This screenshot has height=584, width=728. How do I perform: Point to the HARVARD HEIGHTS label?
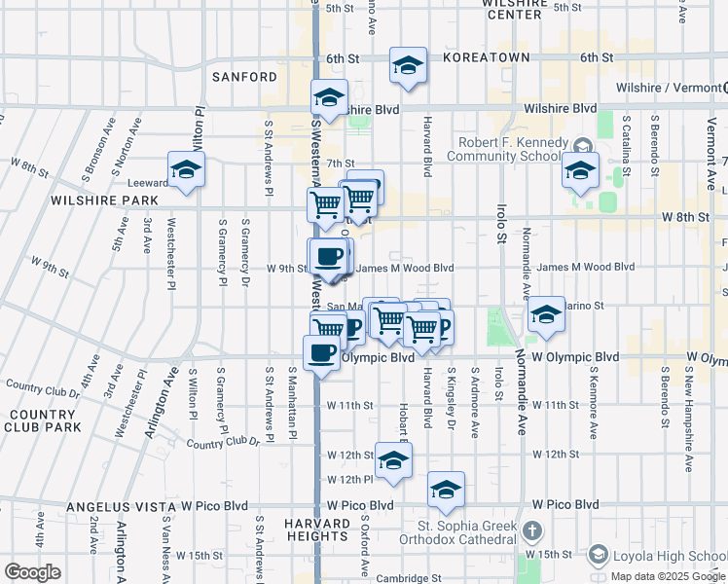pyautogui.click(x=316, y=529)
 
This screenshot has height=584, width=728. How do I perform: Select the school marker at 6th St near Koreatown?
pyautogui.click(x=408, y=65)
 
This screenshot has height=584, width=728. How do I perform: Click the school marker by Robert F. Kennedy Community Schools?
pyautogui.click(x=581, y=171)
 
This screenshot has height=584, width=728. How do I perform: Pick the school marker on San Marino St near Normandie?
pyautogui.click(x=546, y=314)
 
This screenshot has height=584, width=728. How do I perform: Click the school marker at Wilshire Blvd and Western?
pyautogui.click(x=330, y=97)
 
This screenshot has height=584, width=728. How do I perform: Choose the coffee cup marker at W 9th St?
pyautogui.click(x=328, y=256)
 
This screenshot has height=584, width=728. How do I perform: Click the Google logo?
pyautogui.click(x=32, y=572)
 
